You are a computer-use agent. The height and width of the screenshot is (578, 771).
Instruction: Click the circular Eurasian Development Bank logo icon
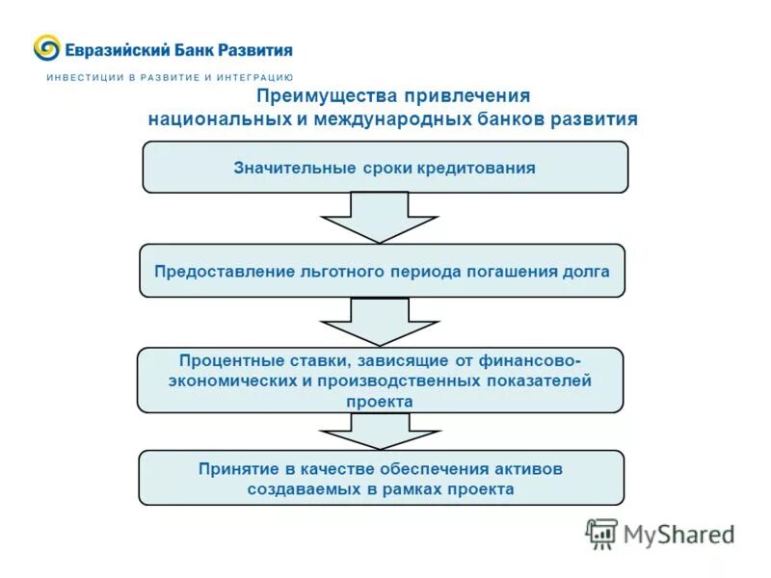coord(46,48)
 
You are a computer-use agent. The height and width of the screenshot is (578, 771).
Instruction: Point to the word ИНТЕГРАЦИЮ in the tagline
coord(255,76)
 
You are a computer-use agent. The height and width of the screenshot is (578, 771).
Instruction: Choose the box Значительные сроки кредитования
coord(385,168)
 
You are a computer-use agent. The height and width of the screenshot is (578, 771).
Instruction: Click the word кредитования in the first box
coord(476,168)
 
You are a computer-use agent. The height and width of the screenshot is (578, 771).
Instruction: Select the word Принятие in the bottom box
coord(238,469)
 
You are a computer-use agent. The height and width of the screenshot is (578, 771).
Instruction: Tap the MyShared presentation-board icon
coord(601,534)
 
